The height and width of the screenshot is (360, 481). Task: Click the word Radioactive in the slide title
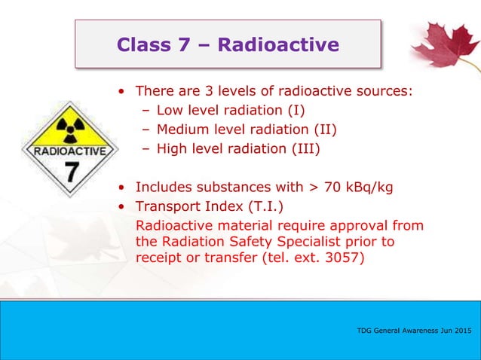point(278,45)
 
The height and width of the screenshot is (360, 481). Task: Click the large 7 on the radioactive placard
point(70,172)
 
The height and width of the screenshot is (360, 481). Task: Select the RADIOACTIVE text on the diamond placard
point(69,150)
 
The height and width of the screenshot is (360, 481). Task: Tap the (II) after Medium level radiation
point(326,130)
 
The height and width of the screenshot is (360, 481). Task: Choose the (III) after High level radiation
point(302,148)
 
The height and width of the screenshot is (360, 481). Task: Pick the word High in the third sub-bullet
point(171,148)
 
